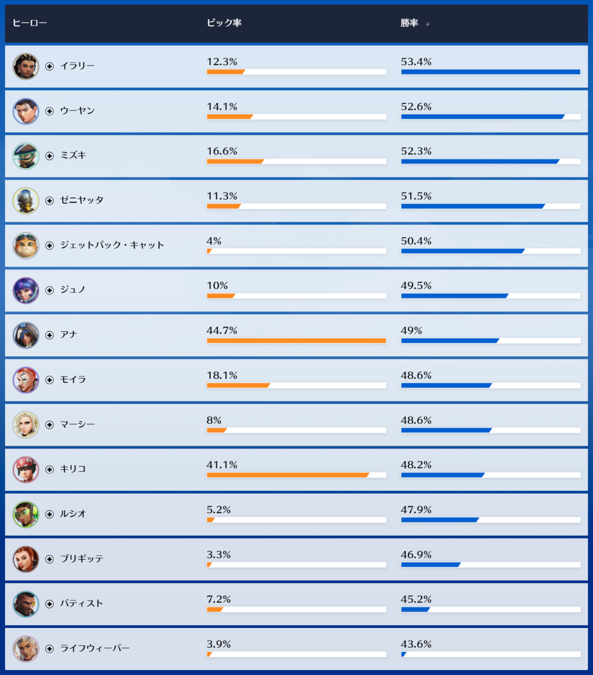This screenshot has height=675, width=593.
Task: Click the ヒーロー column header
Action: pos(30,23)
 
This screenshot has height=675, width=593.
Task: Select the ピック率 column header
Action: pos(224,23)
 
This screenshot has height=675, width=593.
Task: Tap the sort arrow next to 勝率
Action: pos(427,24)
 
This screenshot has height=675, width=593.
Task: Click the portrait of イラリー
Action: pos(26,66)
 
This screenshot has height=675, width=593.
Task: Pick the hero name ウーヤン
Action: pos(77,111)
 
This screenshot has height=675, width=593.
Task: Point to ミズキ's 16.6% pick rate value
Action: pos(222,151)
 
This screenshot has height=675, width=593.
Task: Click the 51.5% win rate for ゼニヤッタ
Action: pos(416,196)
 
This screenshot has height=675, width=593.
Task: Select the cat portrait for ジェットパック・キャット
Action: pos(26,246)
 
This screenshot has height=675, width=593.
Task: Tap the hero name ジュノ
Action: pos(73,290)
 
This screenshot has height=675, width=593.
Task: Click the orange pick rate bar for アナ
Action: pos(296,341)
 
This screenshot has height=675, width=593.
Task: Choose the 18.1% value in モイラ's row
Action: pos(222,376)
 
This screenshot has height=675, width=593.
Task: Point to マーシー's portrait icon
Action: pos(26,425)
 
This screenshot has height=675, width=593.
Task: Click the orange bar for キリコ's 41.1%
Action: pos(287,475)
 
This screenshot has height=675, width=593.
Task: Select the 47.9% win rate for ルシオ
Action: pos(416,510)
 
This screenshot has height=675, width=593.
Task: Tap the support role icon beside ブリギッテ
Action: pos(49,559)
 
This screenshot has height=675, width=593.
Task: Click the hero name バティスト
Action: pos(81,604)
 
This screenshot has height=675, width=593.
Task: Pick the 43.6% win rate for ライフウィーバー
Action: pos(416,644)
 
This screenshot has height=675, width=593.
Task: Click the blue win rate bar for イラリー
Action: pos(490,72)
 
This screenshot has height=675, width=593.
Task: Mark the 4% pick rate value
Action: pos(214,241)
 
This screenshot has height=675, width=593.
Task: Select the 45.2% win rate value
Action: pos(416,599)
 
